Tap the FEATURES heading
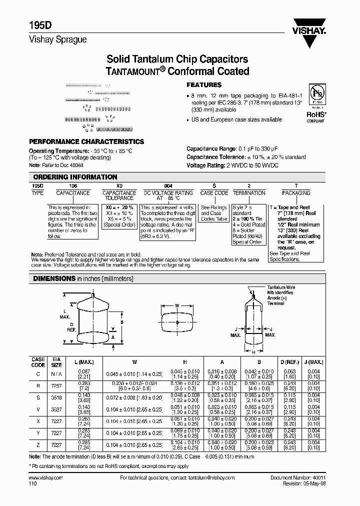[203, 85]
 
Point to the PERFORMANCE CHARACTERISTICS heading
[86, 142]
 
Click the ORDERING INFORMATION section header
[75, 177]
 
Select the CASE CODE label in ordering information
[214, 193]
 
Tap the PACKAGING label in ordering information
[296, 193]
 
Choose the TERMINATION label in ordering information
[249, 193]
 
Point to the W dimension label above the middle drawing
[177, 306]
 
